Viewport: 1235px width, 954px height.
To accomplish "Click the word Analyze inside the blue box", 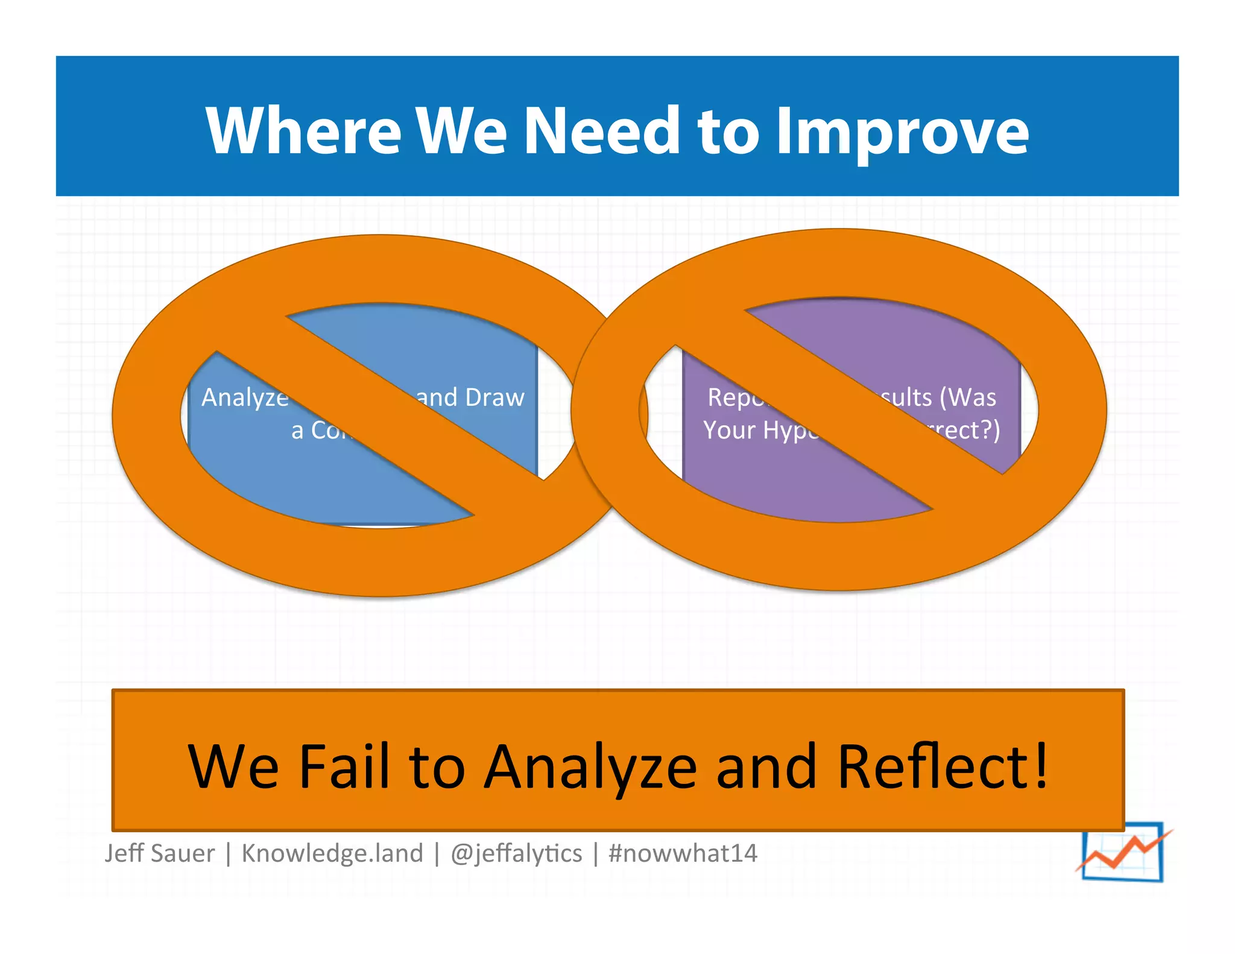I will pyautogui.click(x=245, y=398).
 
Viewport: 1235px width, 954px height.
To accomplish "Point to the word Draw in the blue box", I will pyautogui.click(x=494, y=397).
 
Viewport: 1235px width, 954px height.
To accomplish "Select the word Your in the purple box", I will pyautogui.click(x=729, y=430).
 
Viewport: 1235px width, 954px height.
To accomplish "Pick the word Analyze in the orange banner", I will pyautogui.click(x=590, y=768).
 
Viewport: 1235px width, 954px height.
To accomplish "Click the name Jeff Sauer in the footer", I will pyautogui.click(x=159, y=853).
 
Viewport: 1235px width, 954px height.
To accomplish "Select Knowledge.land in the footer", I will pyautogui.click(x=332, y=853).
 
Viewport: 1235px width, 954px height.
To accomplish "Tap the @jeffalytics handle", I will pyautogui.click(x=516, y=853).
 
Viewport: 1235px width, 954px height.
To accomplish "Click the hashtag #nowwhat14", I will pyautogui.click(x=683, y=853).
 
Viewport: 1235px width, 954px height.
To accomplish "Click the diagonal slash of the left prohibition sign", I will pyautogui.click(x=380, y=416).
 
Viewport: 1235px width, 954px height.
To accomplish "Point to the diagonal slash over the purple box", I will pyautogui.click(x=838, y=410).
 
